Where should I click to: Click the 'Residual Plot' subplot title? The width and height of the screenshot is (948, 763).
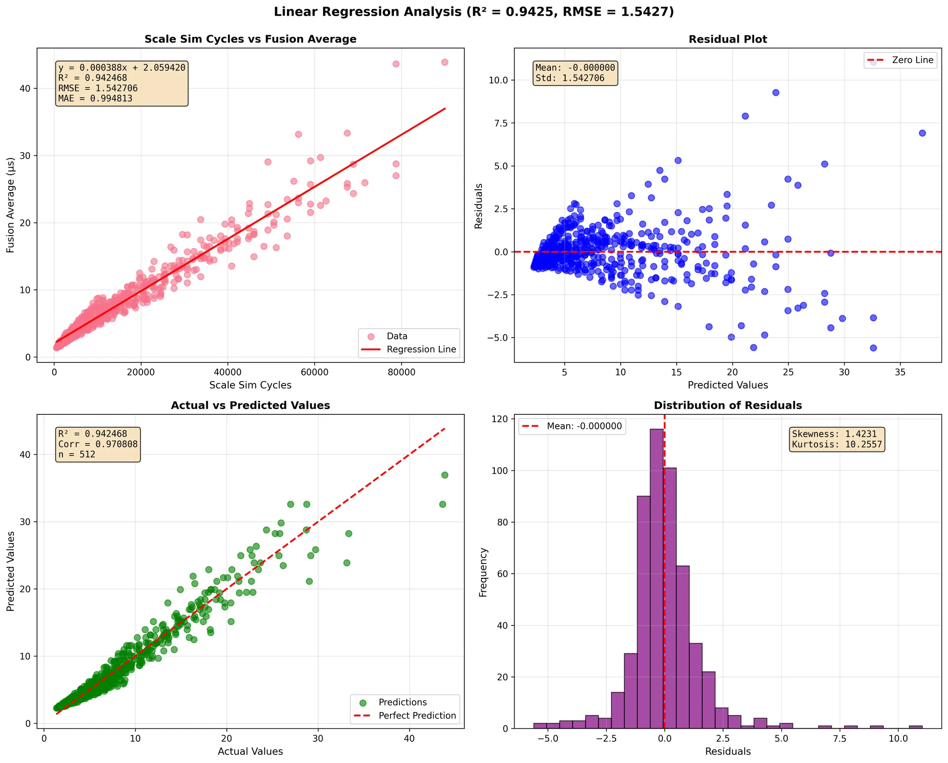click(x=728, y=39)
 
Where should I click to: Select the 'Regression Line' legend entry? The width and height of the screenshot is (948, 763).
click(x=421, y=350)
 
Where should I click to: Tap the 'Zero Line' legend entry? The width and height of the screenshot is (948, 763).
click(x=912, y=60)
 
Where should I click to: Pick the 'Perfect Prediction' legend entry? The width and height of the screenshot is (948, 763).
click(x=417, y=715)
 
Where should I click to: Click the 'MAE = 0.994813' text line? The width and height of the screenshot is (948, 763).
click(x=95, y=99)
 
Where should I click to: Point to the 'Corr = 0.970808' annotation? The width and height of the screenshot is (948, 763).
click(x=98, y=444)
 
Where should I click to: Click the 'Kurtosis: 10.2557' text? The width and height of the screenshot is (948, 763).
click(x=837, y=444)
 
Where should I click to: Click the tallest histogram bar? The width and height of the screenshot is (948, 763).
click(x=656, y=579)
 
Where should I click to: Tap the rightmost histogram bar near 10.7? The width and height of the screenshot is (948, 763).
click(x=916, y=727)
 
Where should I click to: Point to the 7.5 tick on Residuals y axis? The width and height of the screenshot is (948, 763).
click(x=498, y=123)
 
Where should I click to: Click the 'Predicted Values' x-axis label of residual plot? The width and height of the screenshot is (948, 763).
click(x=728, y=385)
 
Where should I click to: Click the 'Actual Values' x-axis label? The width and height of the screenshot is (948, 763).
click(x=250, y=751)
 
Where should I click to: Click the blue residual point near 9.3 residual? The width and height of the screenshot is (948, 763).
click(x=776, y=93)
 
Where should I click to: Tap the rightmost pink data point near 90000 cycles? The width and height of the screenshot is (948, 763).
click(x=444, y=62)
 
